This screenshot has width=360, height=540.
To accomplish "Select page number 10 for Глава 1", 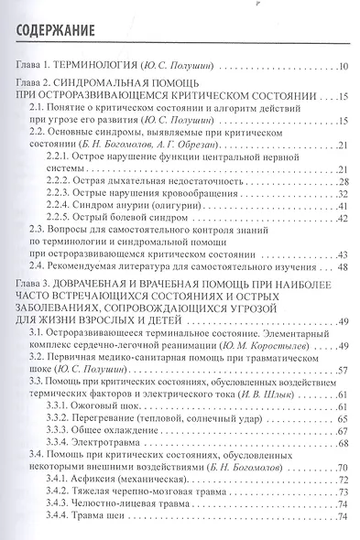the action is click(343, 69).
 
